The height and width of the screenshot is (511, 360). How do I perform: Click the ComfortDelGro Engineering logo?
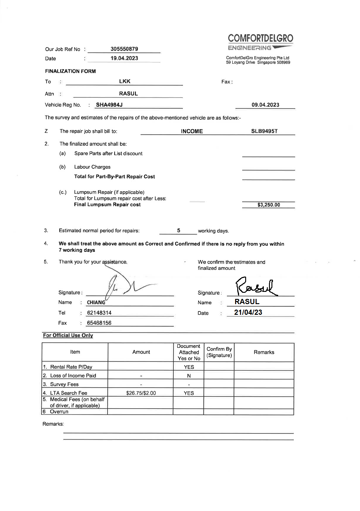[260, 42]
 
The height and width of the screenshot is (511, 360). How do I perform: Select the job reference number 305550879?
[124, 49]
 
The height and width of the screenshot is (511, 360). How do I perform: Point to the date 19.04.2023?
[124, 58]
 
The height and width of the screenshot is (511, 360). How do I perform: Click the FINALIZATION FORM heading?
[70, 71]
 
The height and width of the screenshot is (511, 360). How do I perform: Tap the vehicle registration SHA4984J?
[109, 105]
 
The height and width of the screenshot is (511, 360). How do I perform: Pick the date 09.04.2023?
[265, 105]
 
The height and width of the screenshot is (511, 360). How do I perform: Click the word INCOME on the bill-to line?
[192, 131]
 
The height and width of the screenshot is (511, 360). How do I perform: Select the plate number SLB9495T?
[264, 131]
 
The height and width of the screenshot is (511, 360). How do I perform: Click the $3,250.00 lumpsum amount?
[268, 205]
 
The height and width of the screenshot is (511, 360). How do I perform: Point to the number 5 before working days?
[179, 231]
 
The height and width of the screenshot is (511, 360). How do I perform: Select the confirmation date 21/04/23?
[248, 312]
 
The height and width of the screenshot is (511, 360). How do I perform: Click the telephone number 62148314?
[99, 313]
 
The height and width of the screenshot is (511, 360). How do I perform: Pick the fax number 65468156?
[99, 323]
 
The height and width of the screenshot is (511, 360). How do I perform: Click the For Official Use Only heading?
[68, 335]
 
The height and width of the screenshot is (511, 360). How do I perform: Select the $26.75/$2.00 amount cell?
[141, 393]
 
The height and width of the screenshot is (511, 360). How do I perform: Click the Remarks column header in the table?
[264, 352]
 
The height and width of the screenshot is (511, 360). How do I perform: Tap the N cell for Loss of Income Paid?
[189, 376]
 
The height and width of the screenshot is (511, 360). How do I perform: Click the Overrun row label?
[59, 412]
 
